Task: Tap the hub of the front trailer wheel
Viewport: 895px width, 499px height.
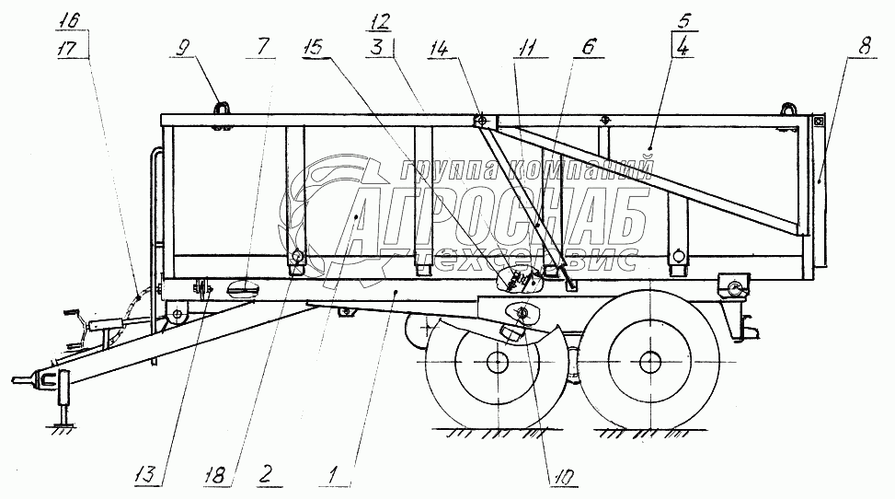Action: pyautogui.click(x=497, y=362)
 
